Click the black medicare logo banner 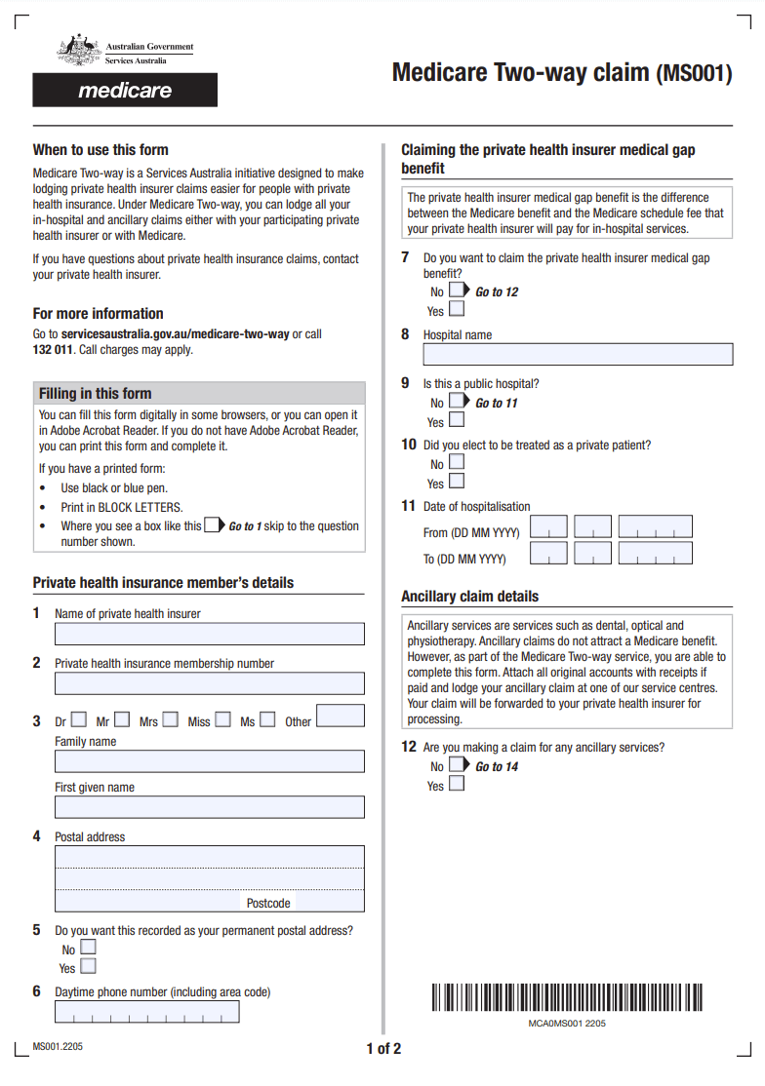tap(125, 91)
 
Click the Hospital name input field tap(578, 354)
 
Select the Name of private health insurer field tap(210, 634)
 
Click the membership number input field tap(210, 683)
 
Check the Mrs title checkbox tap(171, 720)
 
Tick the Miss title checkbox tap(222, 720)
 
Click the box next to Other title tap(341, 717)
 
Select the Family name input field tap(210, 761)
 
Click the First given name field tap(210, 807)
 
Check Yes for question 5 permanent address tap(89, 967)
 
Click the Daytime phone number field tap(147, 1012)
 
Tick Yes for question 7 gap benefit tap(457, 310)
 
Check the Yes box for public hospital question tap(457, 421)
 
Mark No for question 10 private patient tap(457, 463)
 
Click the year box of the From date tap(655, 527)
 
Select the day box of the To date tap(548, 554)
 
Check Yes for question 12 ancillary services tap(457, 785)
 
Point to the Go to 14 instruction tap(497, 767)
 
